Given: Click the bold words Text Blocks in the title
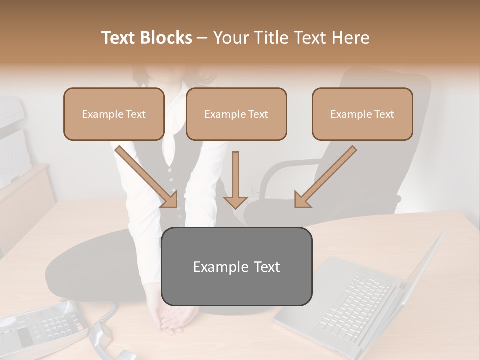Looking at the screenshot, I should coord(146,38).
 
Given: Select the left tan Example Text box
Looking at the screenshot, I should coord(114,114).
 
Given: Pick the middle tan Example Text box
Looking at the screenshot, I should coord(236,114).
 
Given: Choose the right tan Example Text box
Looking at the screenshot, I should coord(362,114).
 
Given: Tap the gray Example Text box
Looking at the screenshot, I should coord(236,266).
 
